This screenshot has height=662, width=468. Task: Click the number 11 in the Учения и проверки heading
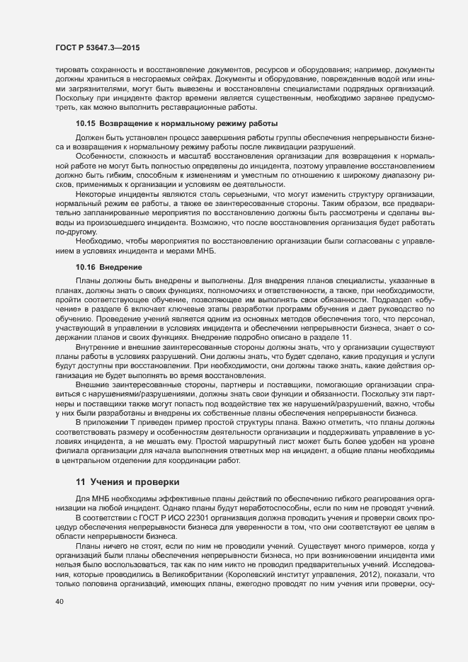80,481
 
